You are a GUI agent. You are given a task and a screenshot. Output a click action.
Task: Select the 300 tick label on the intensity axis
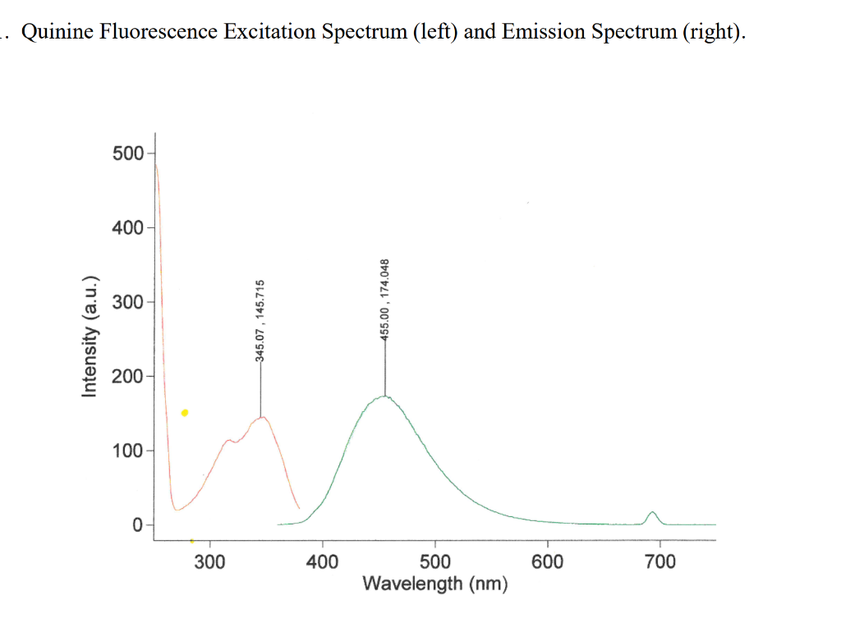pyautogui.click(x=127, y=302)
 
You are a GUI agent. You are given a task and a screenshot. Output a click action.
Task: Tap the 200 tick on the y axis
pyautogui.click(x=127, y=377)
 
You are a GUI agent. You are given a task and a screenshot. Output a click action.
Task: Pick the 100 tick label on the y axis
pyautogui.click(x=127, y=451)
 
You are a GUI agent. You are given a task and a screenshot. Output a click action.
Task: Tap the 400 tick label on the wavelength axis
pyautogui.click(x=323, y=562)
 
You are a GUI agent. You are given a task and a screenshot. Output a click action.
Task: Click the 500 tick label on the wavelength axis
pyautogui.click(x=435, y=562)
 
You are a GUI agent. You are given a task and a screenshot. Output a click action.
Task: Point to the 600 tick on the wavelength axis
pyautogui.click(x=548, y=562)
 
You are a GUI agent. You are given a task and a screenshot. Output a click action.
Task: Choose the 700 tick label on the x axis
pyautogui.click(x=660, y=562)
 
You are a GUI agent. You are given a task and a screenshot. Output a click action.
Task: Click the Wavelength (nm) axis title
pyautogui.click(x=435, y=584)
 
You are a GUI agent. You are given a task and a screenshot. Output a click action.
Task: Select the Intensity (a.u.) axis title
pyautogui.click(x=90, y=335)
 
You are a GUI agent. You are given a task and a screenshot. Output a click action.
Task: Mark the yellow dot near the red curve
pyautogui.click(x=185, y=413)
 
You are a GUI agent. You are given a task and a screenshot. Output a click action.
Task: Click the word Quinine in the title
pyautogui.click(x=54, y=32)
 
